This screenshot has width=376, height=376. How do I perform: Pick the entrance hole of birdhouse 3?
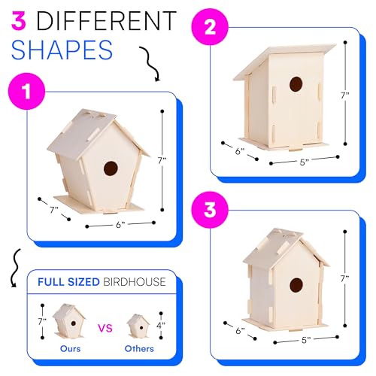(296, 284)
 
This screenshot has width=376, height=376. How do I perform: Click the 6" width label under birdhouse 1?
(120, 225)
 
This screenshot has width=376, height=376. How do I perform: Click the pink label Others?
(139, 348)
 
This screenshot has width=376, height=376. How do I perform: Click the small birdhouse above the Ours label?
(68, 321)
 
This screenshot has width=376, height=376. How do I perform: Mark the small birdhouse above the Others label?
(138, 325)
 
